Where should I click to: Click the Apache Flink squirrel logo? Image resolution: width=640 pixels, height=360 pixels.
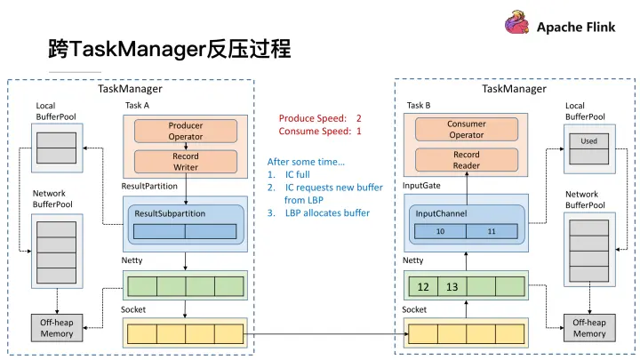tap(517, 23)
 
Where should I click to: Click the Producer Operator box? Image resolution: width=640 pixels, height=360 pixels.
tap(186, 131)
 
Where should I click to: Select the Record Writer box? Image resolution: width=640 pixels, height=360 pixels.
tap(186, 162)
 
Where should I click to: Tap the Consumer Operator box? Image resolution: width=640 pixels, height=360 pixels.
tap(467, 130)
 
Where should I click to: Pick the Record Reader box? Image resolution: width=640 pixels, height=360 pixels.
tap(467, 160)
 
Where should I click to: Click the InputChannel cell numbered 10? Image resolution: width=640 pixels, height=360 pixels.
tap(440, 231)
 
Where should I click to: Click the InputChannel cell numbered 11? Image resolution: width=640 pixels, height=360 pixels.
tap(492, 231)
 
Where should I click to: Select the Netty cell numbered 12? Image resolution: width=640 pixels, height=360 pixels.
tap(423, 286)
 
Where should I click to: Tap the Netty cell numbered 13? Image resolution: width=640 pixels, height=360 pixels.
tap(452, 286)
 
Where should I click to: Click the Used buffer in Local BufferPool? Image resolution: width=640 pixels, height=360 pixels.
tap(589, 141)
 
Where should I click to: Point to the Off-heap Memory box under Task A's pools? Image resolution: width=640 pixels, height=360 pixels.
tap(57, 328)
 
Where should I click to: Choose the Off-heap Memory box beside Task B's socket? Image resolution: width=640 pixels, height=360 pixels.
tap(589, 328)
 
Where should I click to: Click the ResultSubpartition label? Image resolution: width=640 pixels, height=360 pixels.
tap(170, 213)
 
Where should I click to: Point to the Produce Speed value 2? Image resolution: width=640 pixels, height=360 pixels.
tap(359, 118)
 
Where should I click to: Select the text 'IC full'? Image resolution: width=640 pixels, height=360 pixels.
tap(298, 175)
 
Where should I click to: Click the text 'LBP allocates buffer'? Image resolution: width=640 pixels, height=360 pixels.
tap(327, 213)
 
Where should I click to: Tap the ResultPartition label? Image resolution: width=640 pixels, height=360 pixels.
tap(149, 186)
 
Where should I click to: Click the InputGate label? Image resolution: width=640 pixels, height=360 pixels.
tap(421, 186)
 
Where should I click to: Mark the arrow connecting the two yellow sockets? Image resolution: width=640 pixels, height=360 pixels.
tap(325, 334)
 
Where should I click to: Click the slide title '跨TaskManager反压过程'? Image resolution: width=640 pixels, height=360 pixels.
tap(170, 49)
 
